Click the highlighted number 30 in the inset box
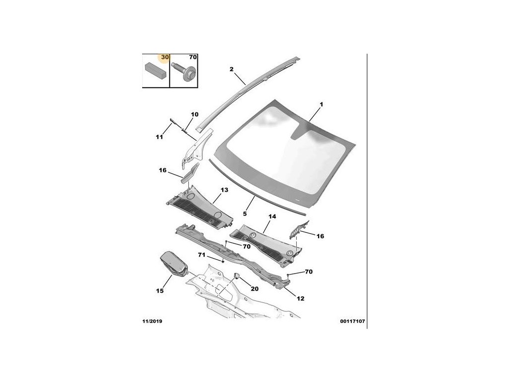165,58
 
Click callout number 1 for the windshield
321,104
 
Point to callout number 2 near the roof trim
231,69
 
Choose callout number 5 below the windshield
245,214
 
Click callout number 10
194,114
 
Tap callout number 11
159,137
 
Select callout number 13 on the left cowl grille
224,191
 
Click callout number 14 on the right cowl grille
272,217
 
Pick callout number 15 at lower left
160,291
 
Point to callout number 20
254,289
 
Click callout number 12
301,298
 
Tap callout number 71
201,255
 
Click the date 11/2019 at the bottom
152,321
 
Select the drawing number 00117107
353,321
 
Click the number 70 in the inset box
193,58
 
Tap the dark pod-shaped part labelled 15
172,264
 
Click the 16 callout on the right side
320,236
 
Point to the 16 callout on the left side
163,170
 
